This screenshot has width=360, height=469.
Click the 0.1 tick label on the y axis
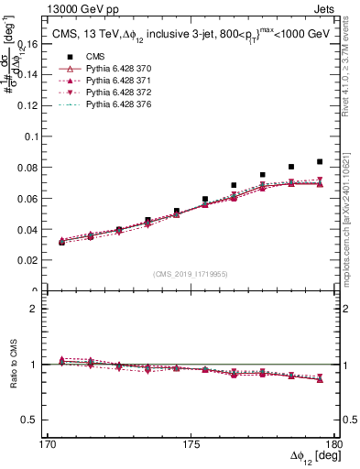point(30,136)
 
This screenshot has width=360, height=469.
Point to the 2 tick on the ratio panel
point(37,309)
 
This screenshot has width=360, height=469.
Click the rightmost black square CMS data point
point(319,161)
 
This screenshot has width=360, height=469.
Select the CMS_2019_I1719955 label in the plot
point(191,272)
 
